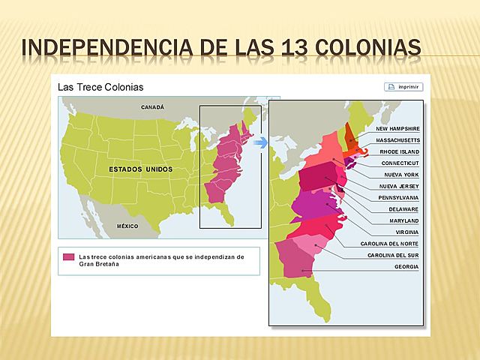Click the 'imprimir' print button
(x=403, y=87)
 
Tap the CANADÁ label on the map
(x=152, y=107)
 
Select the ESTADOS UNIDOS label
(x=140, y=169)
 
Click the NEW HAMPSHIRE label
(x=397, y=128)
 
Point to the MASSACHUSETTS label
(x=397, y=139)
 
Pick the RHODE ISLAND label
(x=399, y=151)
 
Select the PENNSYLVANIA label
(x=398, y=197)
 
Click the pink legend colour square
(x=68, y=257)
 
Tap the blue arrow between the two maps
(x=259, y=142)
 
